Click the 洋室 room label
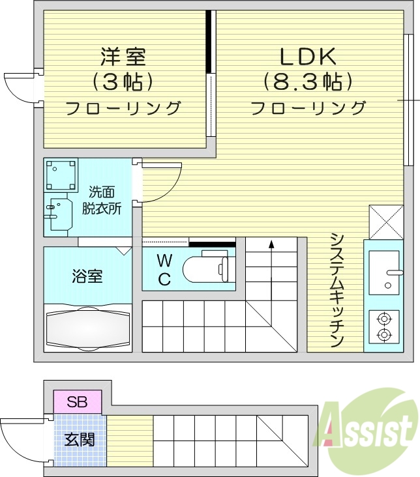click(x=123, y=57)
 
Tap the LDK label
click(x=308, y=57)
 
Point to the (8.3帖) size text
click(x=308, y=81)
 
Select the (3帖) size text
click(x=123, y=81)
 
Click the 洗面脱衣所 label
click(x=102, y=200)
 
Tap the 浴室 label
click(x=87, y=276)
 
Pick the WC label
click(x=164, y=270)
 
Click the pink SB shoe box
click(x=78, y=401)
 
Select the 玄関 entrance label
click(x=79, y=439)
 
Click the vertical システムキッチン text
click(x=337, y=289)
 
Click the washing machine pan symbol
click(x=61, y=174)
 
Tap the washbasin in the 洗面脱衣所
click(x=58, y=212)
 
